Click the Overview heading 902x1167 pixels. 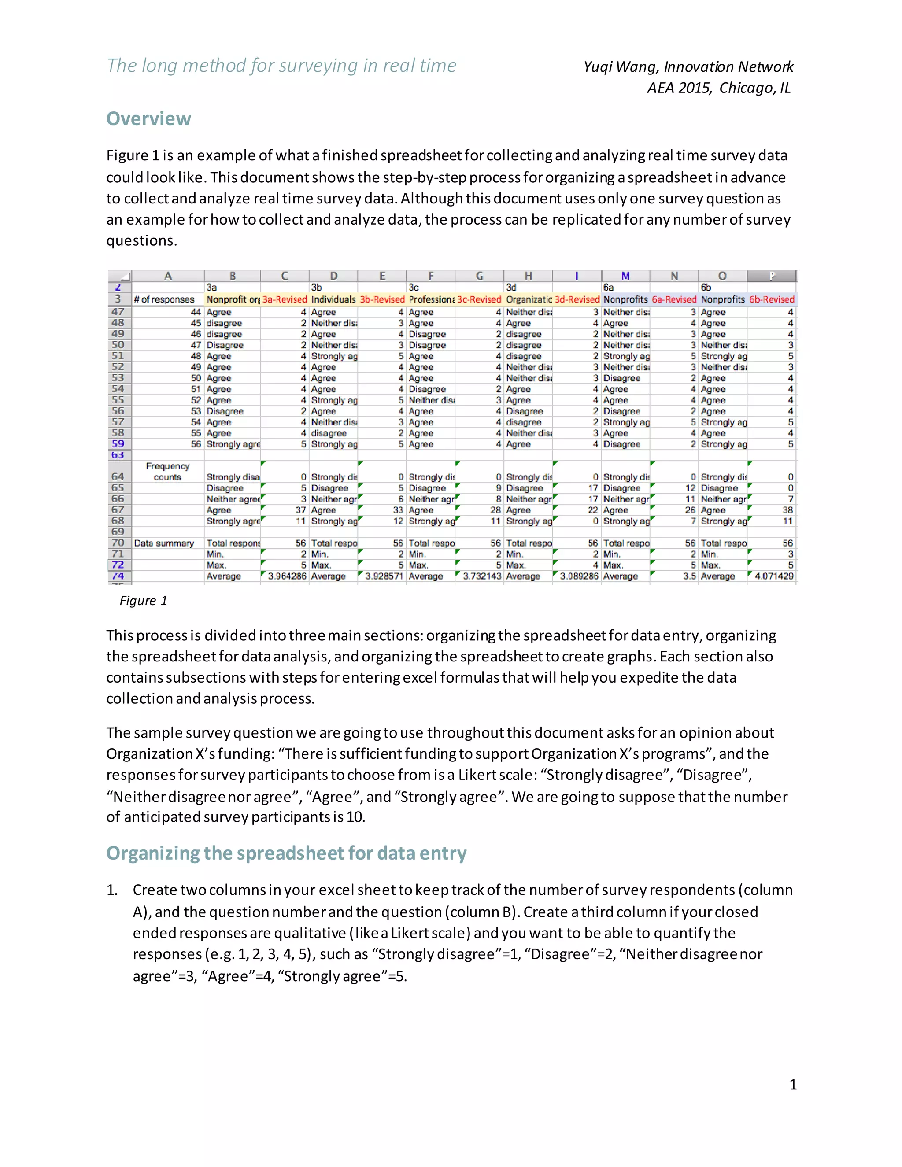148,118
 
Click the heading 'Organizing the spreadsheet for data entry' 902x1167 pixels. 286,853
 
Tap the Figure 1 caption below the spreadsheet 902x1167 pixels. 143,601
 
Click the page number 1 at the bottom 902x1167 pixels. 792,1084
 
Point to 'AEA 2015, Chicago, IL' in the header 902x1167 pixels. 719,88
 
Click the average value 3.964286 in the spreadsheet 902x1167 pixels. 287,576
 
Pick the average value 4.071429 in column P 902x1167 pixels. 773,576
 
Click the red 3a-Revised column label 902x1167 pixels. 284,299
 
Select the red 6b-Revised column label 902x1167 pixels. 772,299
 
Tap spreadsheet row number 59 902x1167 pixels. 118,443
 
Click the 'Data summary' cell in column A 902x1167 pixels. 163,543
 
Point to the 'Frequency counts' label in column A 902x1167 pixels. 167,471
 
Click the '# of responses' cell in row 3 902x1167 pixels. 163,299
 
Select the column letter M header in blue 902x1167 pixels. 625,276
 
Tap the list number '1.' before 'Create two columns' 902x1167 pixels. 112,890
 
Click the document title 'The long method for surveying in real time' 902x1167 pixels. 281,66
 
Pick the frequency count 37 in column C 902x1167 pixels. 300,510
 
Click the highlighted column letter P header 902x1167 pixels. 771,276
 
